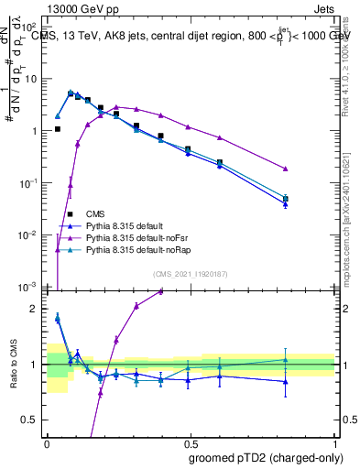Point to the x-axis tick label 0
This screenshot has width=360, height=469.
(x=47, y=442)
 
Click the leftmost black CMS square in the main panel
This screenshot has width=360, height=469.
(x=58, y=129)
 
